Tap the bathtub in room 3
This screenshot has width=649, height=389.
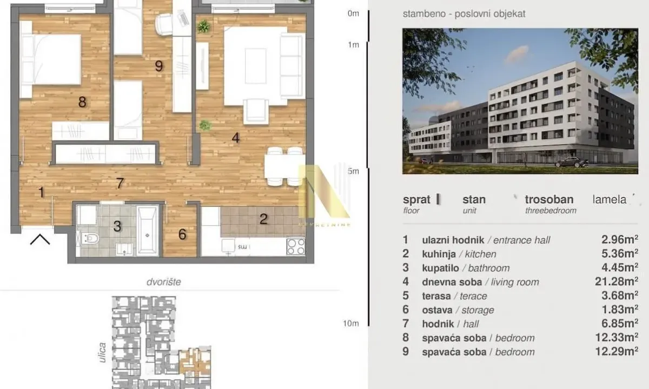click(x=147, y=230)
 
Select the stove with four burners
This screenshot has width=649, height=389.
click(x=295, y=246)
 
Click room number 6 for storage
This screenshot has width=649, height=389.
click(x=182, y=234)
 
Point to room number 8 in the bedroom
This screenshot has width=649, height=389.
click(x=82, y=102)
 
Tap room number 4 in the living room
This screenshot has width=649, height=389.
click(x=235, y=138)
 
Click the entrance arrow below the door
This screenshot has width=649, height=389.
click(x=40, y=239)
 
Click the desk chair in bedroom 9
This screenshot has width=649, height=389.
click(x=164, y=23)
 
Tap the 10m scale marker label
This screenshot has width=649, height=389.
click(x=351, y=324)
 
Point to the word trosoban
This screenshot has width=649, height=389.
click(x=549, y=199)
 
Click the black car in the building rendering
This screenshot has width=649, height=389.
click(x=571, y=162)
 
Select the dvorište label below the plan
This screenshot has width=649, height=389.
click(x=163, y=282)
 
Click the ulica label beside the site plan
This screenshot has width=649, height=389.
click(x=103, y=351)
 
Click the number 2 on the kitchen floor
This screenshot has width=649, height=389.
click(x=263, y=219)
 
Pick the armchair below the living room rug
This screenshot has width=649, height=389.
click(x=256, y=111)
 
